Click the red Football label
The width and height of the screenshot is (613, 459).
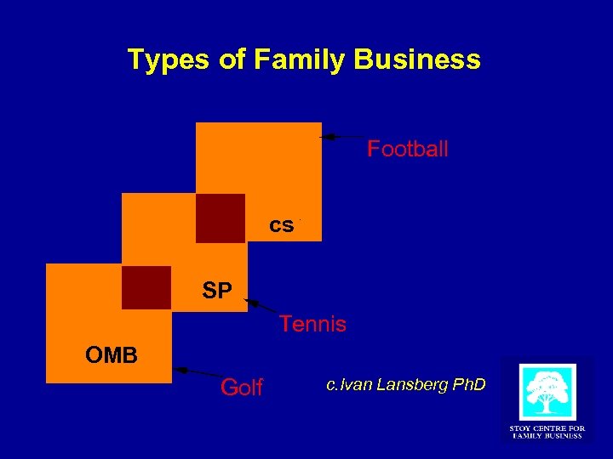pos(407,150)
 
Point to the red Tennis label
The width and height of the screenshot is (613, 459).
pos(312,324)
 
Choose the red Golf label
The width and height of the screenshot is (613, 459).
pos(242,388)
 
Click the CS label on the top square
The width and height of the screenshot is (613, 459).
pos(282,225)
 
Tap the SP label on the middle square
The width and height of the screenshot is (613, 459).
pos(217,292)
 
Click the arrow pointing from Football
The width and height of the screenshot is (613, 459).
pos(341,136)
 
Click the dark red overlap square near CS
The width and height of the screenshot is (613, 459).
pos(221,218)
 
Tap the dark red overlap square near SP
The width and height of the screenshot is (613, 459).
pos(146,287)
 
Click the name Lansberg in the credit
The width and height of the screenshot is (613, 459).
pos(399,385)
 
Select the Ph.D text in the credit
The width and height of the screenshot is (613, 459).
pos(468,385)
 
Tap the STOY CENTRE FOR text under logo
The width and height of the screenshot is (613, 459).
pos(546,428)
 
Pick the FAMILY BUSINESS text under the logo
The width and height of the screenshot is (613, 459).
pos(546,436)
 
